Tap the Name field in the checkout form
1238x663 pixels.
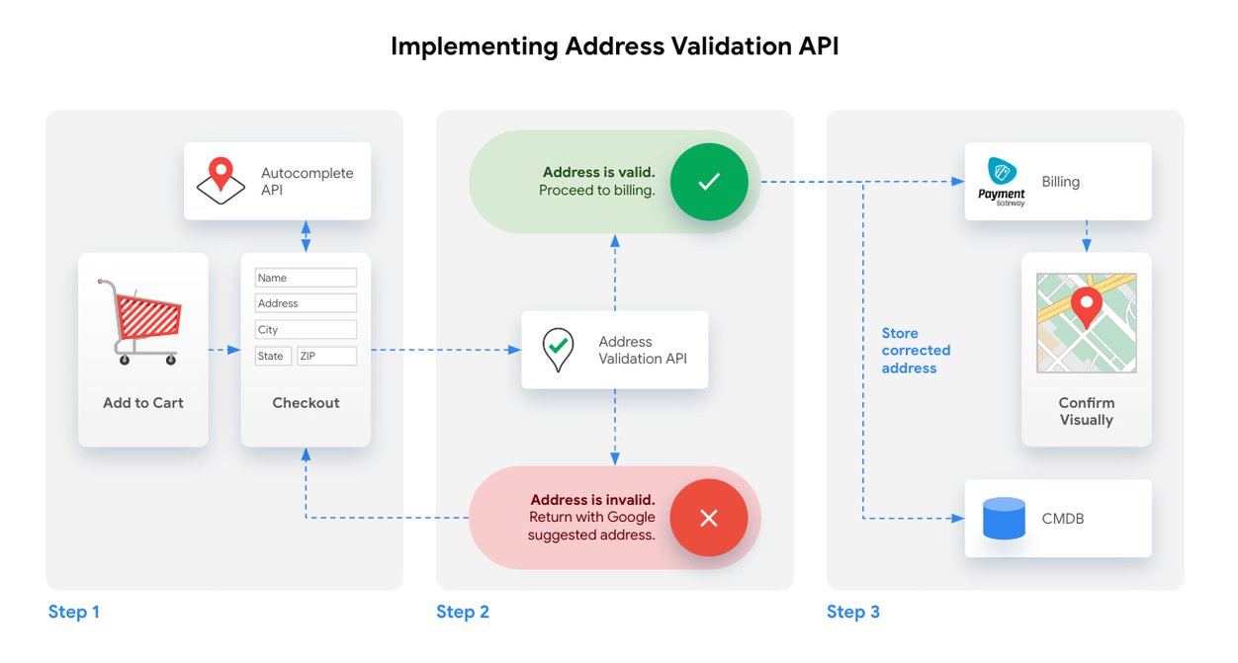[306, 278]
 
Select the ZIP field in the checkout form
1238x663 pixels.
[326, 356]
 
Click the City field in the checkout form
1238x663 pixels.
[306, 329]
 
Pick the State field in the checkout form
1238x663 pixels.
[273, 356]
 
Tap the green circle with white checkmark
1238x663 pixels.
[709, 182]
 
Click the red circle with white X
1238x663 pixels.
[709, 518]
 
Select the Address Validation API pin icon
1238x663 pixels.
[559, 349]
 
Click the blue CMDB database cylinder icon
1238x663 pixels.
[1004, 518]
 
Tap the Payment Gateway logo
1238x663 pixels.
[1002, 182]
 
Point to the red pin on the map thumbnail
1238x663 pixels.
[1087, 307]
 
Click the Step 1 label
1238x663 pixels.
[74, 612]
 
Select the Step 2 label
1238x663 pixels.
[463, 612]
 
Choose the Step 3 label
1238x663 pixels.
[853, 612]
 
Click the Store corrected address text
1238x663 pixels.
[916, 351]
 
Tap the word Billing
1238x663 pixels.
[1061, 182]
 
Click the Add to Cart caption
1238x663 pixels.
[143, 403]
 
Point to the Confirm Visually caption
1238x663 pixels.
[1087, 411]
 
